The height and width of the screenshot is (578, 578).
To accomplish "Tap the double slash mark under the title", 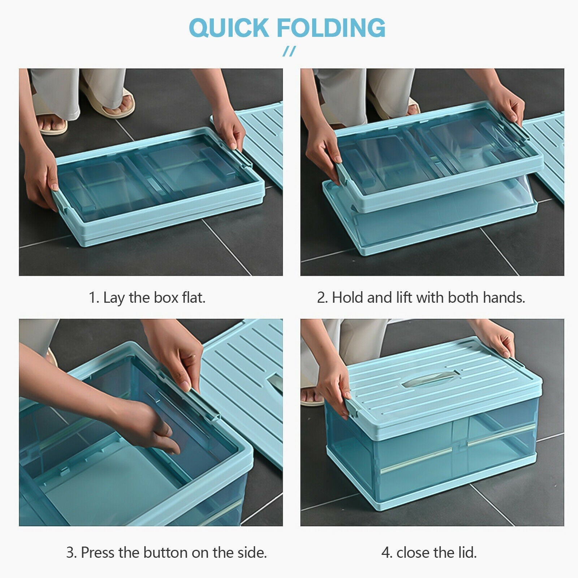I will [x=289, y=51].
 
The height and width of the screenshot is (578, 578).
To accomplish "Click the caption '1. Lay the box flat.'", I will [x=147, y=298].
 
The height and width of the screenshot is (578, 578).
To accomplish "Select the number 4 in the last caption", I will [x=386, y=553].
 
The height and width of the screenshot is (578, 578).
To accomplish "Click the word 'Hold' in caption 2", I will [x=348, y=298].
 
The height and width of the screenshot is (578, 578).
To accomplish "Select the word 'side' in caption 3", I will [x=253, y=553].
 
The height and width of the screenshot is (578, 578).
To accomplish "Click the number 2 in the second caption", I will [x=321, y=298].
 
